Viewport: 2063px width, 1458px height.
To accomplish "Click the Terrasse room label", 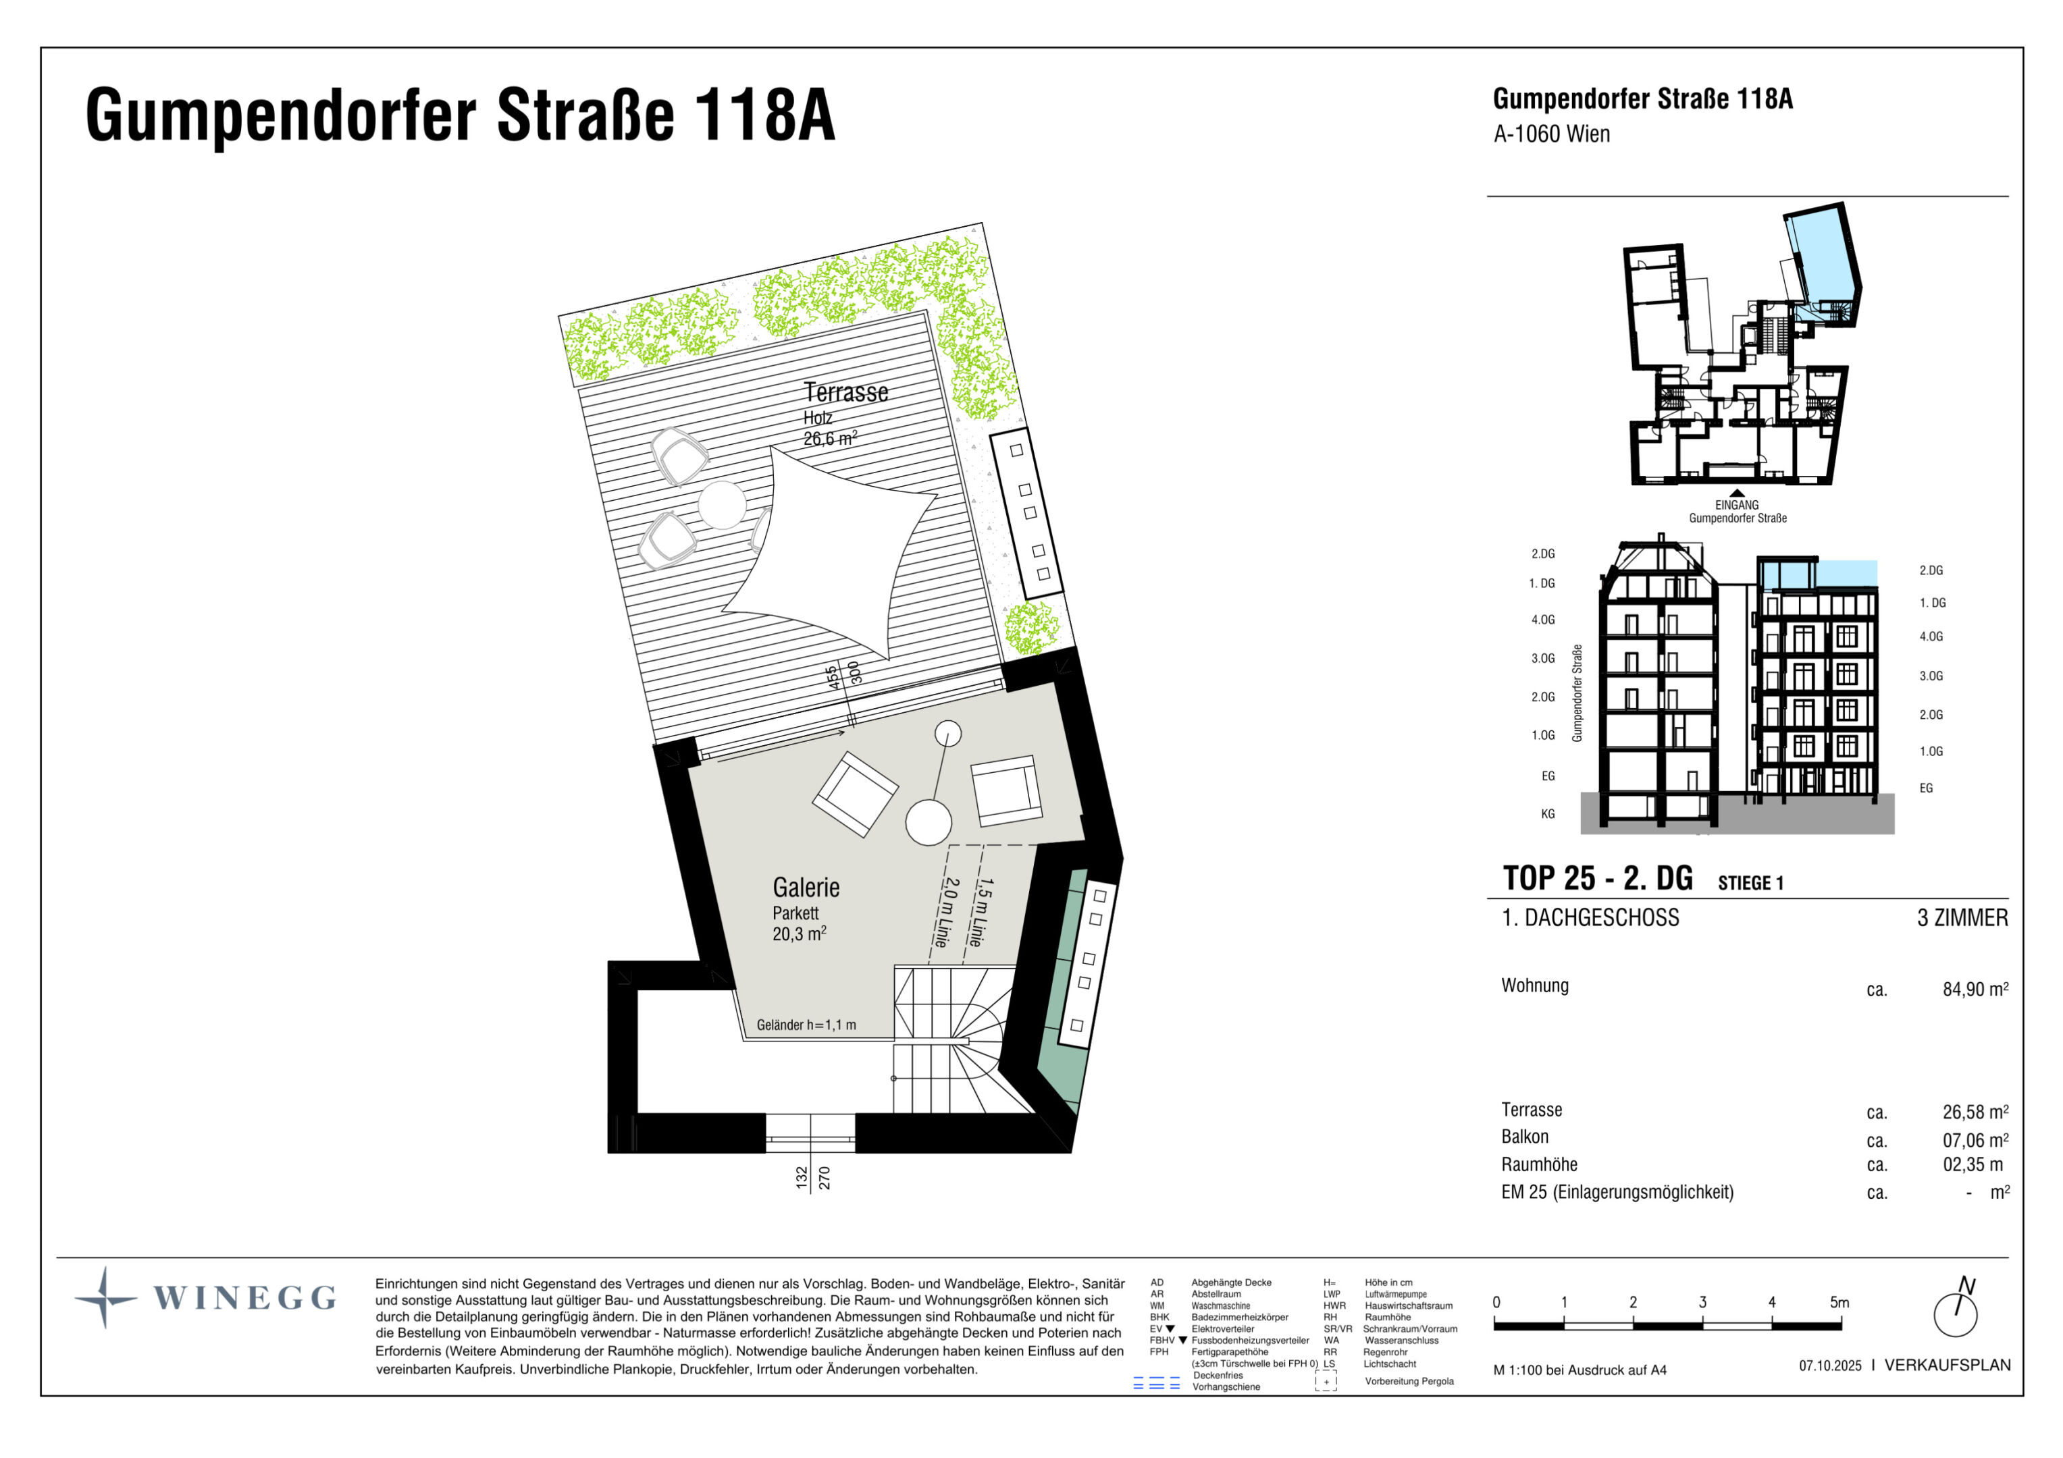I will click(845, 393).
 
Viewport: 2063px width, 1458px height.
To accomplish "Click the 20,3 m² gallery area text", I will click(798, 934).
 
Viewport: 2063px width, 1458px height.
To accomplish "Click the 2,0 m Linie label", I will click(943, 912).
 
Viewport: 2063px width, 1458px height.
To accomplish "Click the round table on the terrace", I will click(721, 505).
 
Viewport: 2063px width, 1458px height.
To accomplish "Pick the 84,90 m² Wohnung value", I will click(1974, 990).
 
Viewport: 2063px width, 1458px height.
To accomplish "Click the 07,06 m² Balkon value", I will click(1974, 1140).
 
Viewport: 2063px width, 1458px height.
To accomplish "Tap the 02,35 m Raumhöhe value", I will click(1973, 1165).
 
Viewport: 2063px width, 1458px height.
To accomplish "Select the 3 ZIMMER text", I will click(1962, 918).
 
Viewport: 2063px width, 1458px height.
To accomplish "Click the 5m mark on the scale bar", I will click(1839, 1303).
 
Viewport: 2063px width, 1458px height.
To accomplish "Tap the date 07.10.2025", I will click(1829, 1366).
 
